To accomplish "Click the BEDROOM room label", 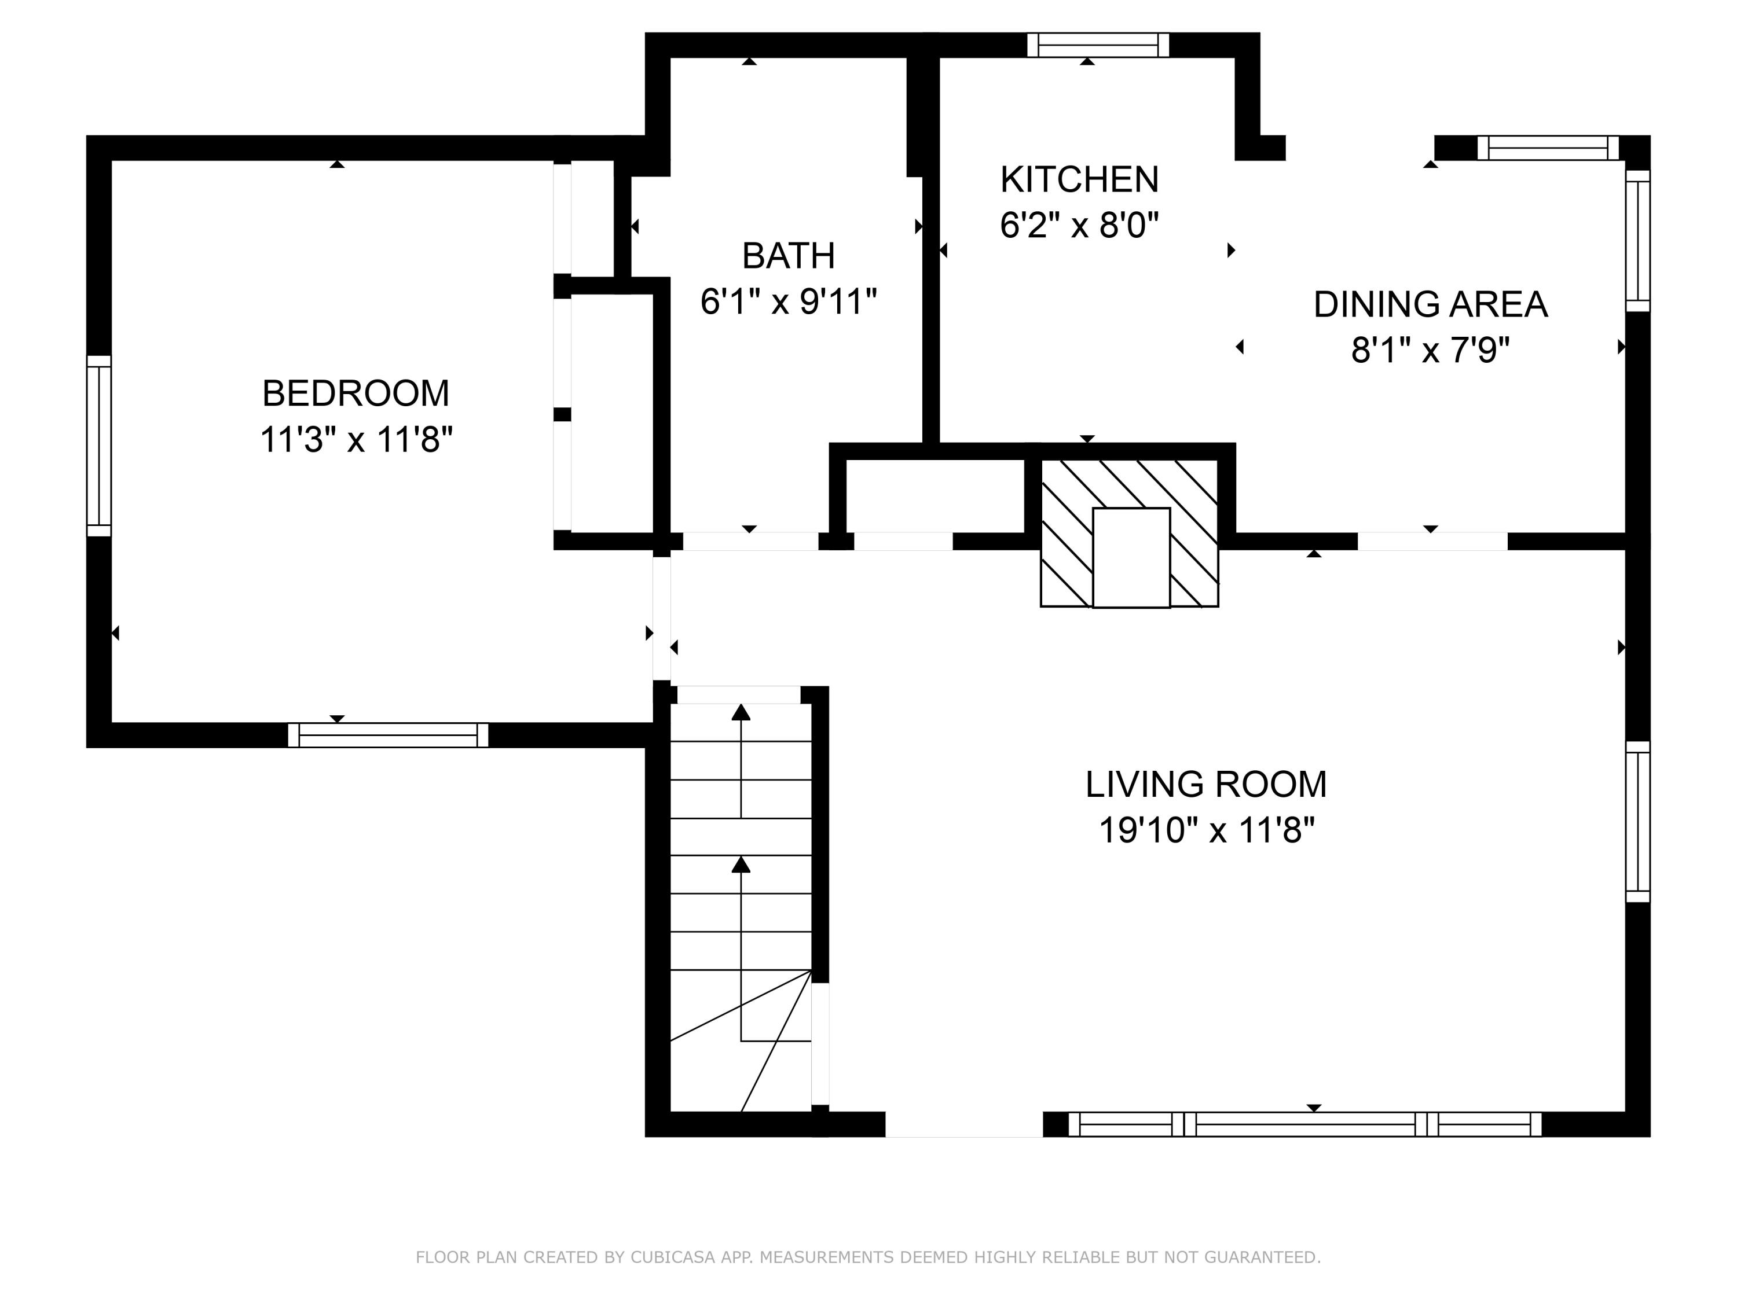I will tap(355, 393).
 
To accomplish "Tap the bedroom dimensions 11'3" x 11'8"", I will tap(356, 439).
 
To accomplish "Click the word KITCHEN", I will tap(1079, 180).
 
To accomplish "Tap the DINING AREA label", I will tap(1430, 304).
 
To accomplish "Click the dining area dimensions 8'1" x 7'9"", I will tap(1430, 350).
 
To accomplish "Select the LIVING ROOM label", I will tap(1205, 784).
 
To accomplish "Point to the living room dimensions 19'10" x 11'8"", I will tap(1205, 830).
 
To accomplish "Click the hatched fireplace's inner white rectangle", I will tap(1131, 557).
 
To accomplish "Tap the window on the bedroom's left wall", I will tap(99, 446).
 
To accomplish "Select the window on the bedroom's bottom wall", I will tap(388, 735).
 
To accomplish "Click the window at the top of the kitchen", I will tap(1098, 45).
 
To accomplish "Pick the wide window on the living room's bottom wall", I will tap(1304, 1124).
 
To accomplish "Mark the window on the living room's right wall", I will tap(1637, 822).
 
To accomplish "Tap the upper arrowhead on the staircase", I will tap(741, 712).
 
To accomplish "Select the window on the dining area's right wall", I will tap(1637, 241).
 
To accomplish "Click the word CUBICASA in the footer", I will tap(672, 1257).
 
